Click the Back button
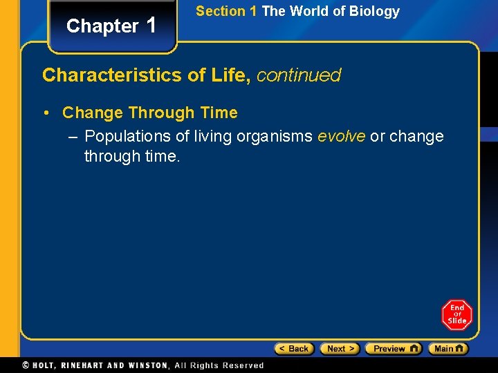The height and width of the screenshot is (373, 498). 294,349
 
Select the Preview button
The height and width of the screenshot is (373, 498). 393,349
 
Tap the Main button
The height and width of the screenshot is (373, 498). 448,349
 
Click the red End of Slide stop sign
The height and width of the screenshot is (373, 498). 456,315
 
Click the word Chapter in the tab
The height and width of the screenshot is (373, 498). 102,26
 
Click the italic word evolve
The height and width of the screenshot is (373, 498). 341,136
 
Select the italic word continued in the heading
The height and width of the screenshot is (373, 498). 299,75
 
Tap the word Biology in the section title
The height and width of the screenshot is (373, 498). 376,11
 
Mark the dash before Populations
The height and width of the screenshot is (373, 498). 73,136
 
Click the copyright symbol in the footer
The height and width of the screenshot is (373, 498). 26,365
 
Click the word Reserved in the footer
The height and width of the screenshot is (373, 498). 243,365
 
